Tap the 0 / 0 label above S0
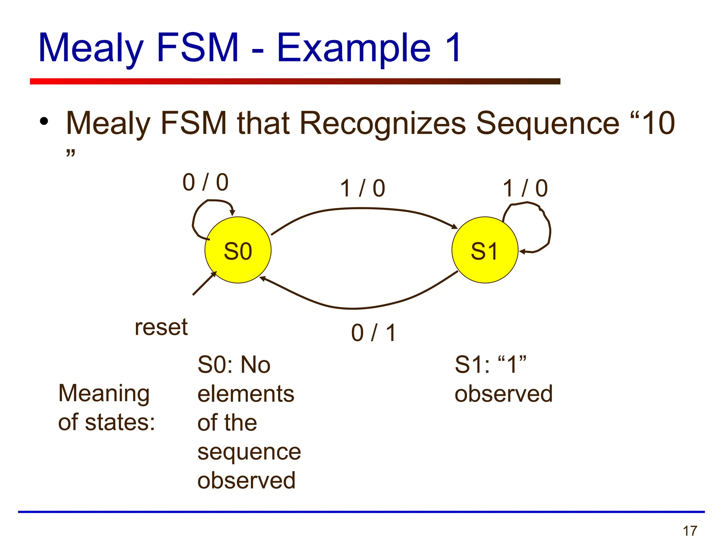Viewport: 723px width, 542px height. tap(205, 182)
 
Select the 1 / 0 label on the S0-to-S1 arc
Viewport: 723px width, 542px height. tap(363, 188)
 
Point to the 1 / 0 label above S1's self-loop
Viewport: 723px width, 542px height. tap(525, 188)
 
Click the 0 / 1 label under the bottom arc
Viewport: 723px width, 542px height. tap(374, 333)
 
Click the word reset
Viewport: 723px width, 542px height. tap(161, 327)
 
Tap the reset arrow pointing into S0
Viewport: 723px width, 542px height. tap(204, 283)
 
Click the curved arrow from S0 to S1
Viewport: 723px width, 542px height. tap(364, 209)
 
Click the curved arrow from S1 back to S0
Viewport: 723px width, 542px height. tap(353, 308)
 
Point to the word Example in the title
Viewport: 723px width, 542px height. tap(353, 48)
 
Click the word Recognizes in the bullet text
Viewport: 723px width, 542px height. tap(383, 123)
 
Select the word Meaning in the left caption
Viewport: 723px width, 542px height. tap(104, 393)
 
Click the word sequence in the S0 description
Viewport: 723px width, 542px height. tap(249, 452)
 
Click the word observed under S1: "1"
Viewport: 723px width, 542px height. tap(503, 394)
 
